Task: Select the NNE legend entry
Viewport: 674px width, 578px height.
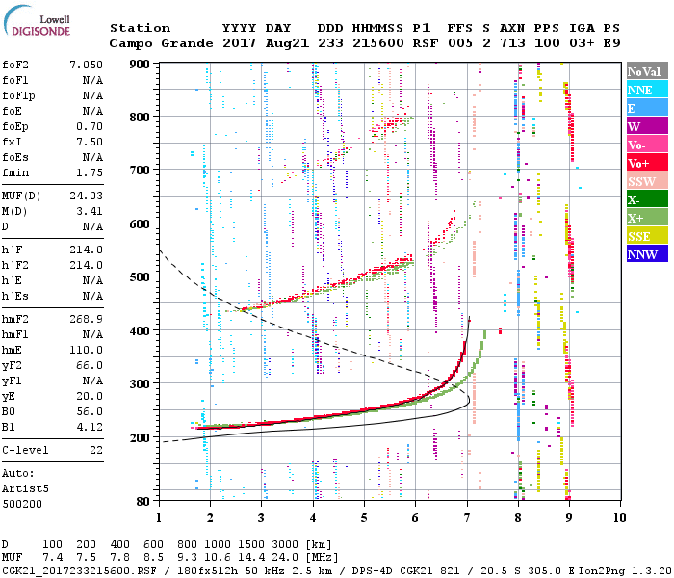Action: pos(646,90)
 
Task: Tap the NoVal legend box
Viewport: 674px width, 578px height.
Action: pos(646,71)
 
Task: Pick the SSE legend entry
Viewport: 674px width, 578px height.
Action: pos(646,236)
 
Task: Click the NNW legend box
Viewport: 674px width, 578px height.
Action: pos(646,254)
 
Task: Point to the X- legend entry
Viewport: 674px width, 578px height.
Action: pos(646,199)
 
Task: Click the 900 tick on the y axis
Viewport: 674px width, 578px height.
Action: pos(141,64)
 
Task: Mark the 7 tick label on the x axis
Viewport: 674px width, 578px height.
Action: pos(467,517)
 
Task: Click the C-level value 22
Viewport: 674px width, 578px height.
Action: pos(94,450)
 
